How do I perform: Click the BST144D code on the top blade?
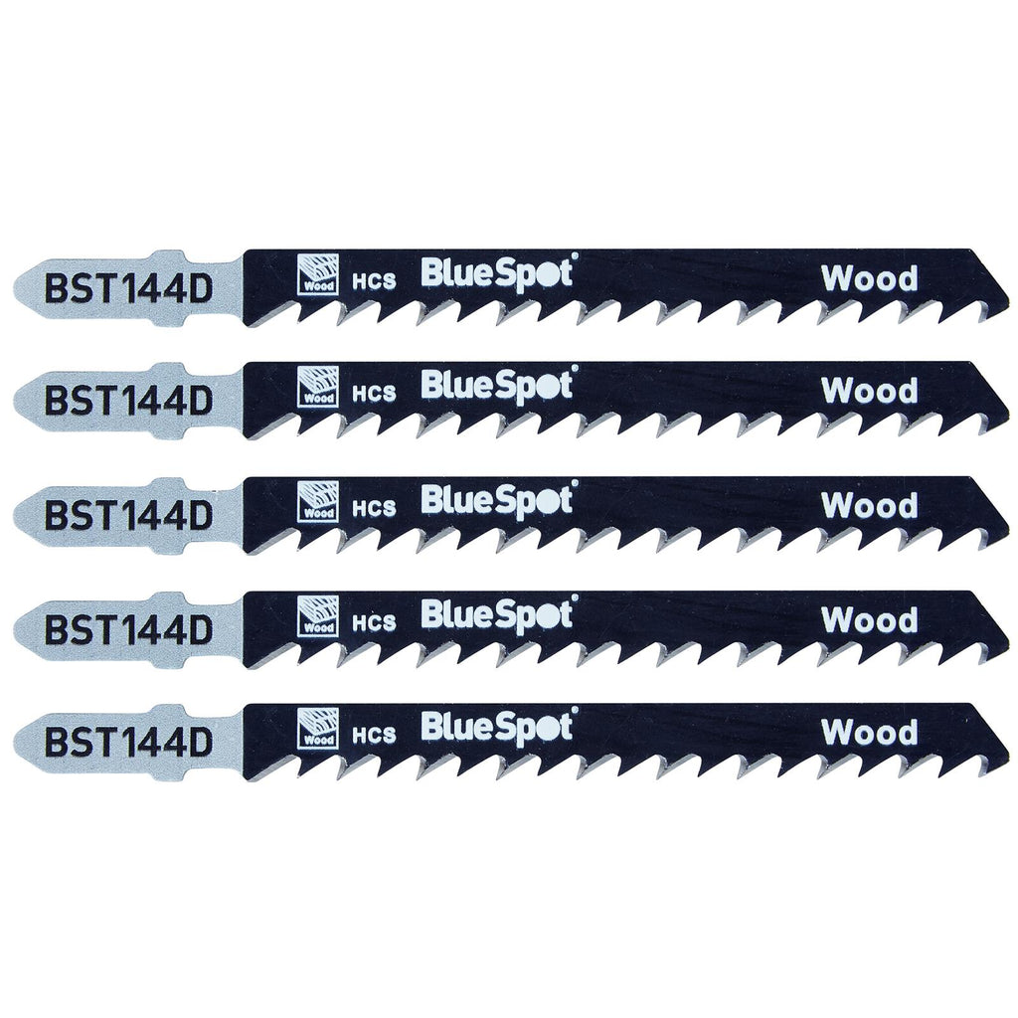coord(128,289)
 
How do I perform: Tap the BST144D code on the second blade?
coord(128,402)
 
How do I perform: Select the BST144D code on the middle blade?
coord(128,516)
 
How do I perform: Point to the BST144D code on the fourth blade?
coord(128,629)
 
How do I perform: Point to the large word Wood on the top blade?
coord(869,278)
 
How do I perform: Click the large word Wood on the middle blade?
coord(869,506)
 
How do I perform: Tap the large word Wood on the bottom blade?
coord(869,733)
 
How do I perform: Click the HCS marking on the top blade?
coord(374,280)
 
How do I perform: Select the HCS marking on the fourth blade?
coord(374,622)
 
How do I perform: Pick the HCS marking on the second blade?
coord(374,394)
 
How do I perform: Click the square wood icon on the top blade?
coord(317,272)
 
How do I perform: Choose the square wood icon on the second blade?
coord(317,387)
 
